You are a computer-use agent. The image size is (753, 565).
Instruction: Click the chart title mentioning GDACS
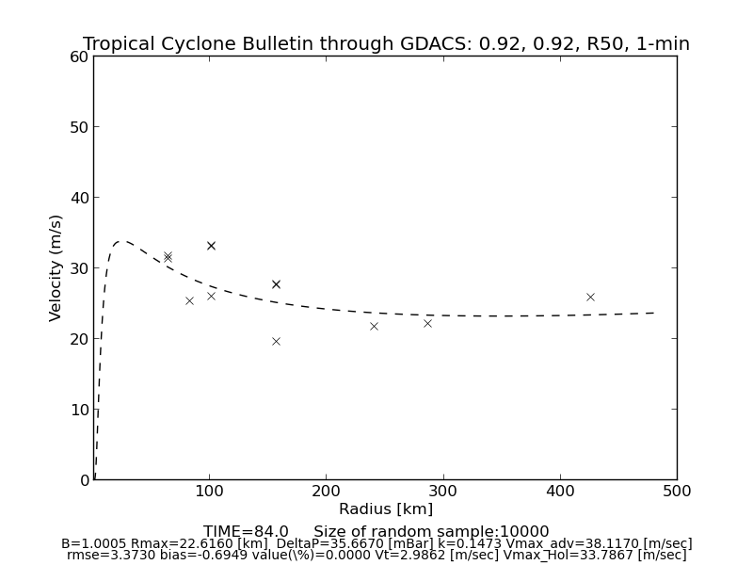point(386,44)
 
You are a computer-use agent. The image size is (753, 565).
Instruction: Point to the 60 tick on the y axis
point(79,56)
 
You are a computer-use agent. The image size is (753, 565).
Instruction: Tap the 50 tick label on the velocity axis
point(79,127)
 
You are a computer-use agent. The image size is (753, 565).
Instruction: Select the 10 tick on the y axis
point(79,410)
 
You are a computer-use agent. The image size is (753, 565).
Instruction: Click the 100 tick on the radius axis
point(209,491)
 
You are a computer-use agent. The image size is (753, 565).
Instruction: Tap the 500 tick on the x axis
point(677,491)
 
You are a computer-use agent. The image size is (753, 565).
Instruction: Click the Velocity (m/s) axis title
point(56,267)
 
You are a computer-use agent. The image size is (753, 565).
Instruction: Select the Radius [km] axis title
point(386,509)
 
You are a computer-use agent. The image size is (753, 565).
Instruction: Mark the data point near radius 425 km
point(590,297)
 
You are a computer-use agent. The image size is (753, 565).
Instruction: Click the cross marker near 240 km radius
point(374,326)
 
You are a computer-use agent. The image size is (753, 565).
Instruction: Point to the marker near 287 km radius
point(427,323)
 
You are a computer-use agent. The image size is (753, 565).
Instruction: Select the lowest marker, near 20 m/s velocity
point(276,341)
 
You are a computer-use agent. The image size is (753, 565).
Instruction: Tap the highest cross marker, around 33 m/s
point(211,246)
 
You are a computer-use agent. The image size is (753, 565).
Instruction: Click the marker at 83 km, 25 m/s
point(189,300)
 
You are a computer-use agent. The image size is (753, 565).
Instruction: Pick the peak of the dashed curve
point(121,241)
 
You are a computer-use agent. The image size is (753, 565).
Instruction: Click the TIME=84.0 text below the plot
point(246,532)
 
